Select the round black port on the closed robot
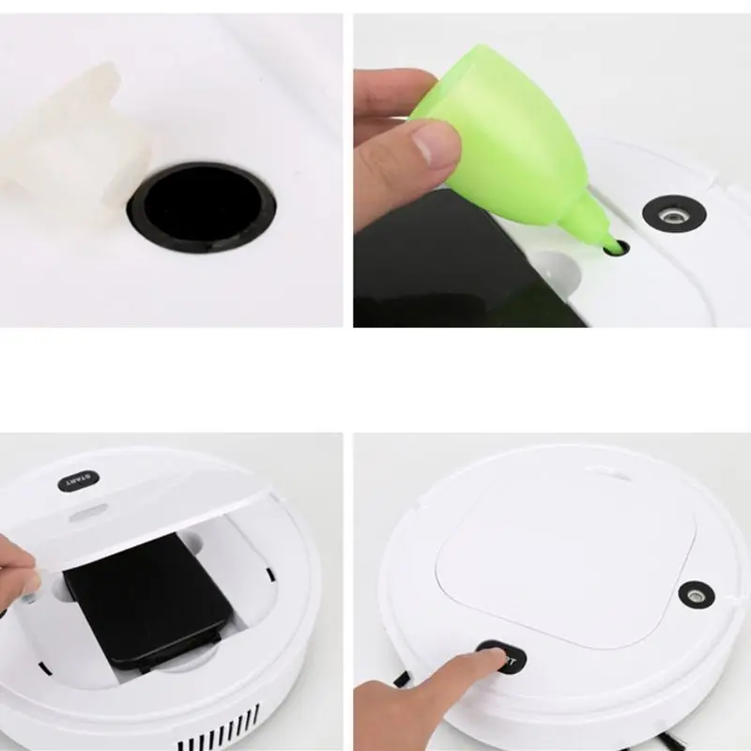pyautogui.click(x=696, y=594)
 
